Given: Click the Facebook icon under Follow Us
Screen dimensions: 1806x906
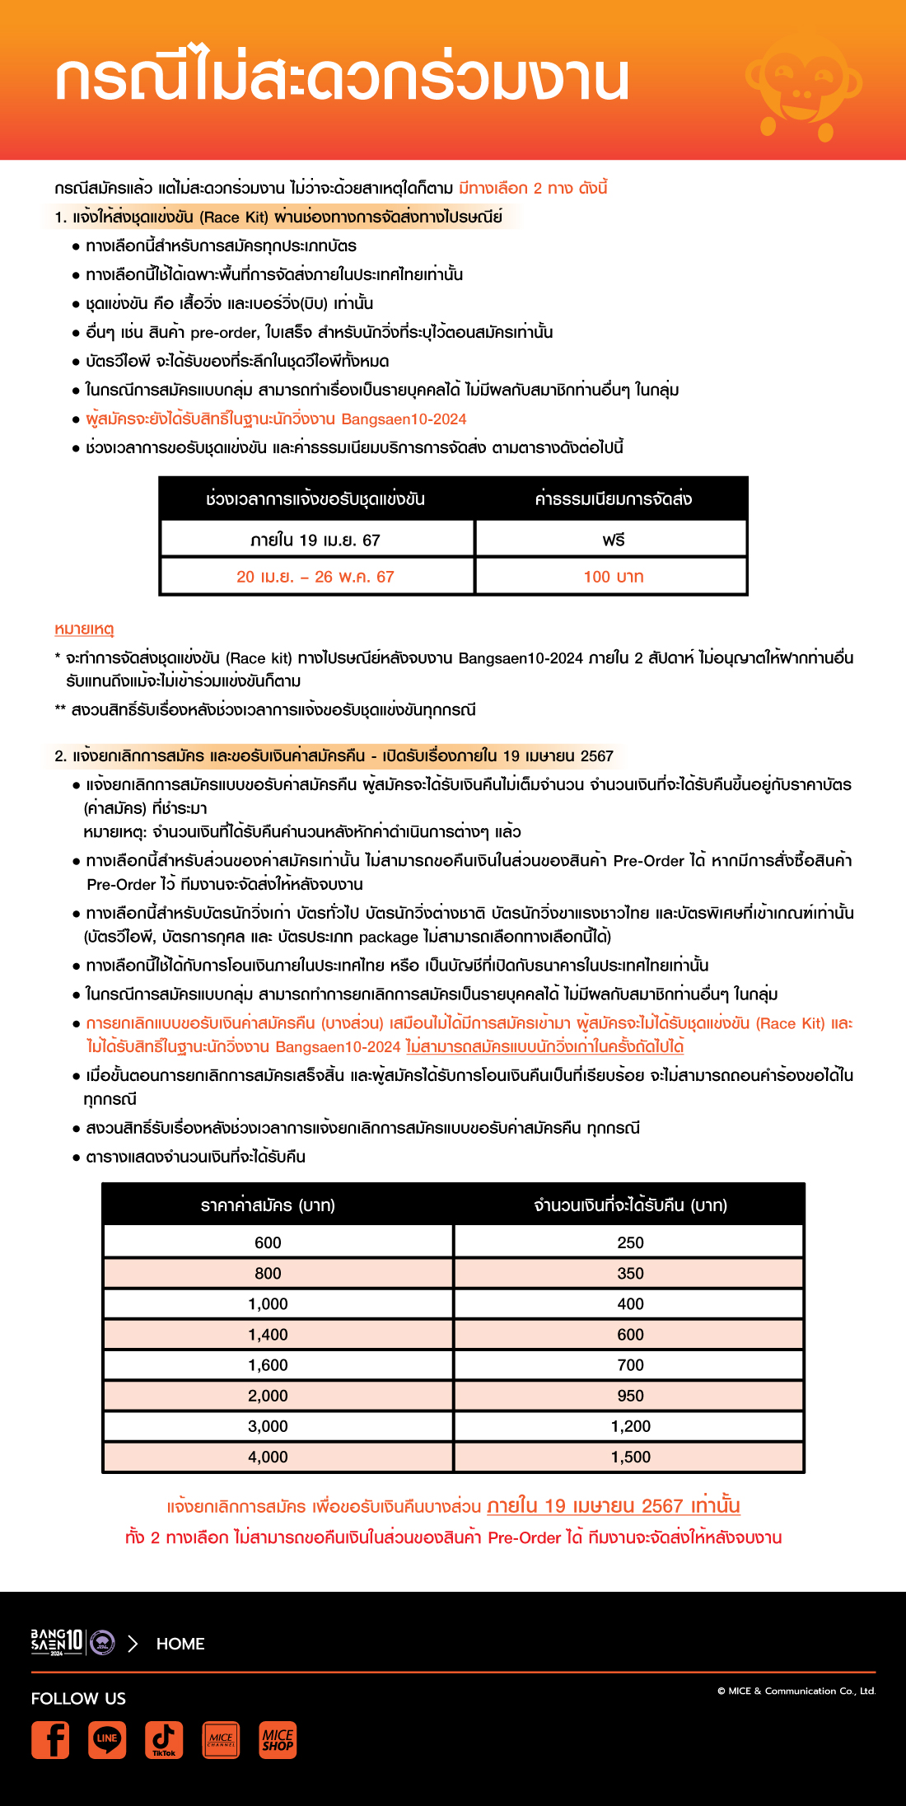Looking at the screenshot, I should point(50,1739).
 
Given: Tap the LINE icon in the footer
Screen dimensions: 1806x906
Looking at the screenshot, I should point(107,1739).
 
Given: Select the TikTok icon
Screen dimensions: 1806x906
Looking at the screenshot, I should point(164,1739).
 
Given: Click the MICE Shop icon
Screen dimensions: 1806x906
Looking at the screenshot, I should point(278,1739).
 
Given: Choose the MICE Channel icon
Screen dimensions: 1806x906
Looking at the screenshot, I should point(221,1739).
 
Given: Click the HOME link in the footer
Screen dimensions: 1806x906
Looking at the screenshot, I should point(180,1644).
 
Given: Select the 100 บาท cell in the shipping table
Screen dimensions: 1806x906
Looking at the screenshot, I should point(613,577).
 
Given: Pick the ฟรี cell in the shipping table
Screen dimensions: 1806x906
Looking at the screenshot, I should point(613,540).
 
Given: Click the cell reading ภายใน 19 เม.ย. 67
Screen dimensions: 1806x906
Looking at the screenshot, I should point(315,540).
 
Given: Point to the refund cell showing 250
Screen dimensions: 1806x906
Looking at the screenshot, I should point(630,1242).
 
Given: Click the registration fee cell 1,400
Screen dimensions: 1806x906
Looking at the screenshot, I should point(268,1334).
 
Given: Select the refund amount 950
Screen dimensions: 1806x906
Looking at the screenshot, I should point(630,1396).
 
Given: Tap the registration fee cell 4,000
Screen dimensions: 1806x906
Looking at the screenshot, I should point(268,1457).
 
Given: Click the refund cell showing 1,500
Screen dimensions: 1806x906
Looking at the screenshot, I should point(630,1457).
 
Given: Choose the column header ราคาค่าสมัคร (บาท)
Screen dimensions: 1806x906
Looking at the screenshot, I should point(268,1205).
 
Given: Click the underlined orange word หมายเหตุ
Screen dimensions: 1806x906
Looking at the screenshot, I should point(84,629).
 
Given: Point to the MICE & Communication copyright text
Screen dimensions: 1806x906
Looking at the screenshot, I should point(796,1691).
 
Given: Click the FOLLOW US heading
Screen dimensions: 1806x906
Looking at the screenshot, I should point(78,1698).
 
